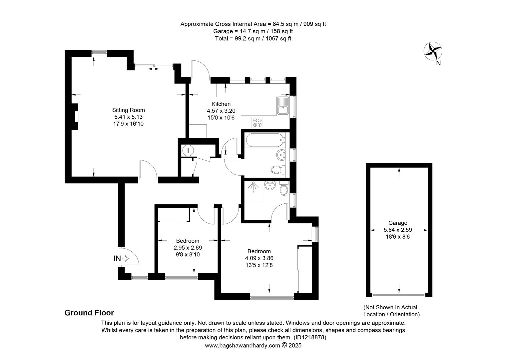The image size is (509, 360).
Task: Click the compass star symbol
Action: (433, 51)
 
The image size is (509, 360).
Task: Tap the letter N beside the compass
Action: (438, 63)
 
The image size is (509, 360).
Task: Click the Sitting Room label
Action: (128, 110)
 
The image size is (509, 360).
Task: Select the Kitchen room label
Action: (221, 104)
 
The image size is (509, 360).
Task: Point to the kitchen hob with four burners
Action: (257, 123)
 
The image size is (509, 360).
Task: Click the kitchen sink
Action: (283, 106)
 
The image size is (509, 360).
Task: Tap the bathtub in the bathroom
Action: (265, 140)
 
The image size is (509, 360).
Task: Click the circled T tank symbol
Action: (188, 151)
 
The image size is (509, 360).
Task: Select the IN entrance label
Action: (117, 258)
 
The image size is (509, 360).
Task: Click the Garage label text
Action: (398, 223)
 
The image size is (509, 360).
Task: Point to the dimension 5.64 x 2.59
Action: (398, 230)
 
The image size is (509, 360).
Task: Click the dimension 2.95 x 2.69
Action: (188, 248)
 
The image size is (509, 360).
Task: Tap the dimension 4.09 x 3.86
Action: (259, 258)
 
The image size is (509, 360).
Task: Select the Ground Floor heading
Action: (89, 313)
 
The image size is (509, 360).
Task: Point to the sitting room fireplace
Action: (75, 117)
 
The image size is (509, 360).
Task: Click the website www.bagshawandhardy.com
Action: (243, 346)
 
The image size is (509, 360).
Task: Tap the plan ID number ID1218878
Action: (310, 337)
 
